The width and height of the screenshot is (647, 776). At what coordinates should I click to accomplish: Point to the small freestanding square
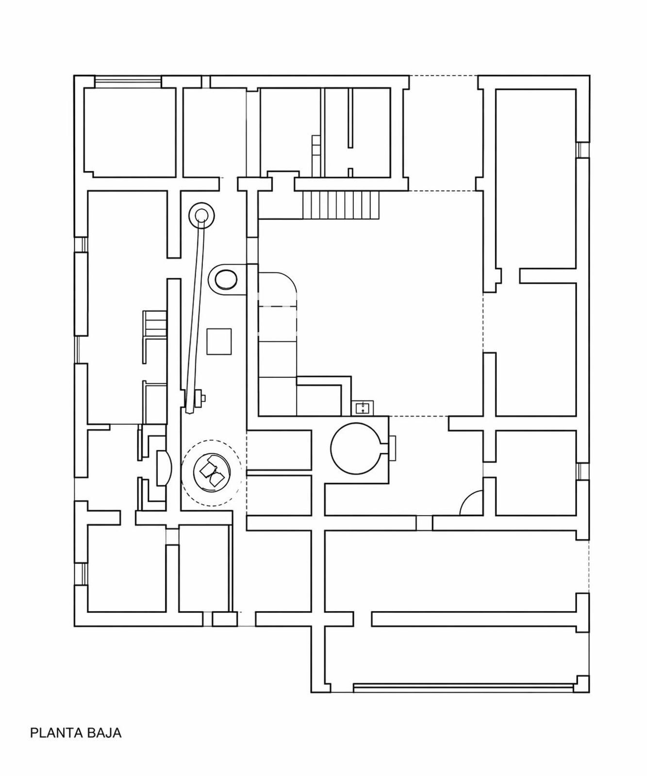coord(219,341)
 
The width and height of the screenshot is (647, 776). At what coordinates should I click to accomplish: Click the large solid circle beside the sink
coord(356,449)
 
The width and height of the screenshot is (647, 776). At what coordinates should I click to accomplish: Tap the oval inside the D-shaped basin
coord(225,280)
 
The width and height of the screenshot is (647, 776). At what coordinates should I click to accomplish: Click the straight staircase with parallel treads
coord(340,205)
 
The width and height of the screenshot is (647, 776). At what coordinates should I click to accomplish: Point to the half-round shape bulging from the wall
coord(164,468)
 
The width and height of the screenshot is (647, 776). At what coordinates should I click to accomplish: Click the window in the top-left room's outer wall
coord(127,81)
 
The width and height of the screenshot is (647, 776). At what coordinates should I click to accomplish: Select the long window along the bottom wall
coord(464,687)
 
